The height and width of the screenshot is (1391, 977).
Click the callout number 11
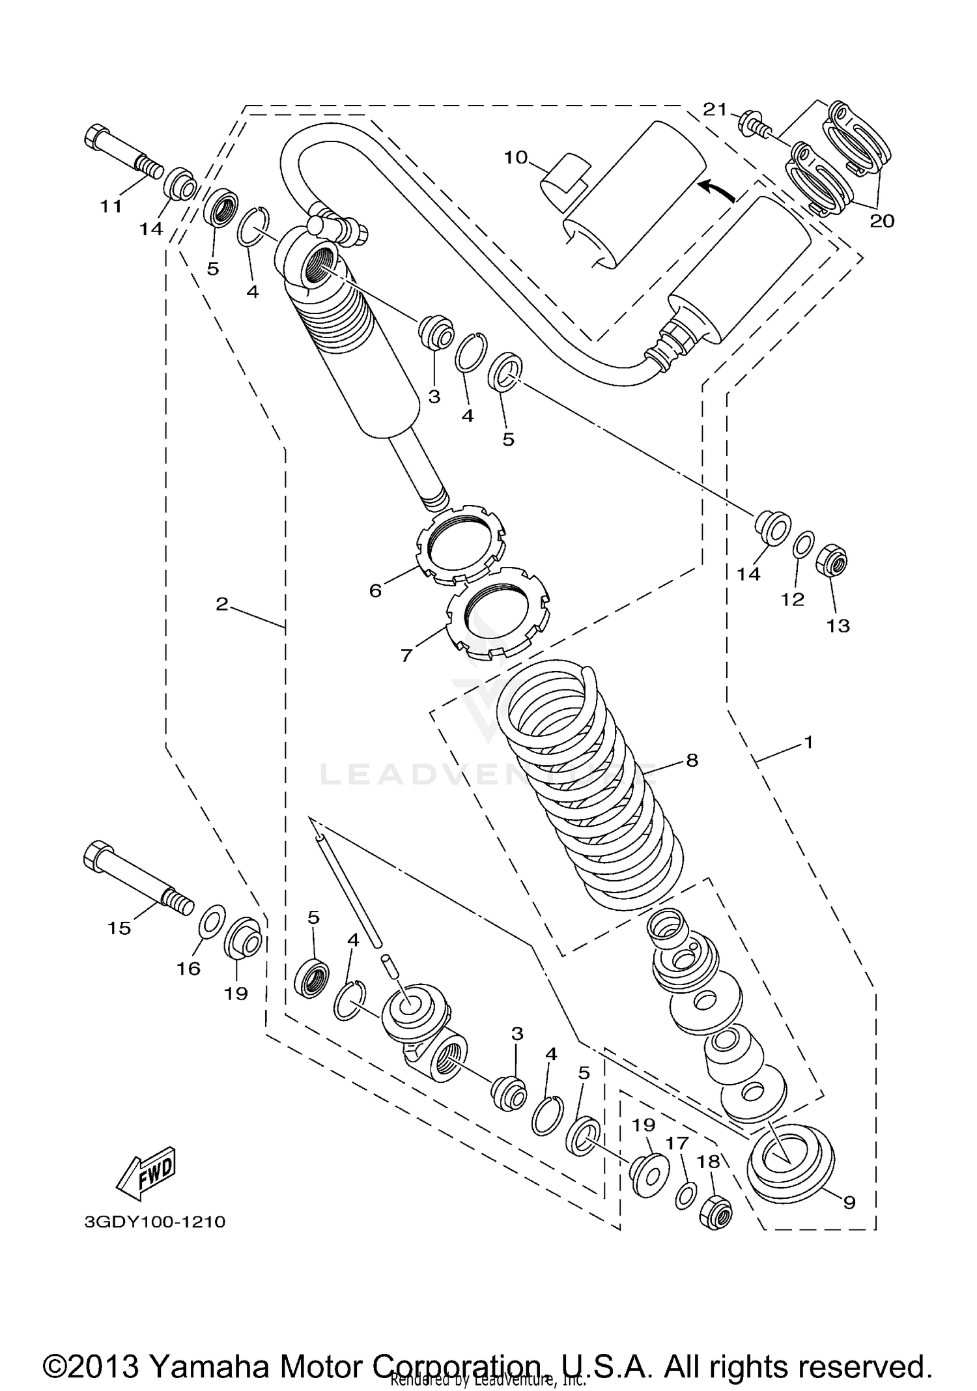point(111,207)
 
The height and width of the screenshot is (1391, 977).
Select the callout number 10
point(515,158)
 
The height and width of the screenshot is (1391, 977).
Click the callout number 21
point(715,109)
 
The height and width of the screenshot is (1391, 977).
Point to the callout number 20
point(883,221)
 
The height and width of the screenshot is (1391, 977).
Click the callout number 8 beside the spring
point(692,760)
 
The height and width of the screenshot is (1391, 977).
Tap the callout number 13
point(838,625)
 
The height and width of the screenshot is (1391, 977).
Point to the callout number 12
point(793,599)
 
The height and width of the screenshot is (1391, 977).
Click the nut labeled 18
point(716,1212)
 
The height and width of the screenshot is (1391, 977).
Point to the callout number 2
point(222,605)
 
